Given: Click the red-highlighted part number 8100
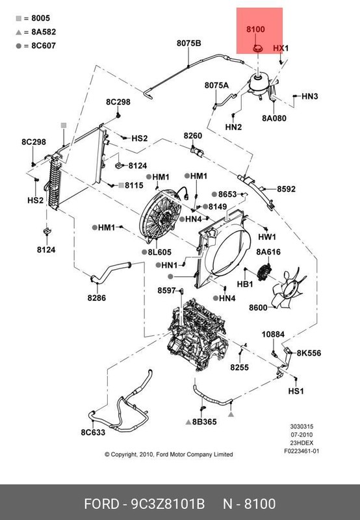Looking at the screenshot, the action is pos(255,29).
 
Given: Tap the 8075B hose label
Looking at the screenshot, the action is pos(188,43).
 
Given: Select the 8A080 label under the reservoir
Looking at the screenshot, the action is pos(274,118).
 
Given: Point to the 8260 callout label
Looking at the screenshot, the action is pos(193,136).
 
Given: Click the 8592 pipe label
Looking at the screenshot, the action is pos(286,189).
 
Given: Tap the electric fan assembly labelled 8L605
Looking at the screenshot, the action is pos(161,214).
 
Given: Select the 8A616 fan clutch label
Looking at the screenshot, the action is pos(268,252).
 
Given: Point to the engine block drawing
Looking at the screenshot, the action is pos(198,334).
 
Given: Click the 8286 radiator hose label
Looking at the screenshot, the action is pos(96,298).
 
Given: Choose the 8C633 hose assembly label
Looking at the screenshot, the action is pos(93,432).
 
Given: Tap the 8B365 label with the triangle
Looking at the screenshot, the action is pos(201,422).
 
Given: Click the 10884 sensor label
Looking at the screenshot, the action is pos(273,334).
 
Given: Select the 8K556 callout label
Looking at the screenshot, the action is pos(309,353).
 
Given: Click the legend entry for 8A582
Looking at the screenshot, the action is pos(36,32).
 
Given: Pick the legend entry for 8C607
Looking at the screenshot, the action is pos(36,45).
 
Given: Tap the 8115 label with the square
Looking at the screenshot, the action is pos(131,185).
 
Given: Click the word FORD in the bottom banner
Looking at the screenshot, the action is pos(101,504).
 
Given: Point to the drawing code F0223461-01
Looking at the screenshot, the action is pos(302,451).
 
